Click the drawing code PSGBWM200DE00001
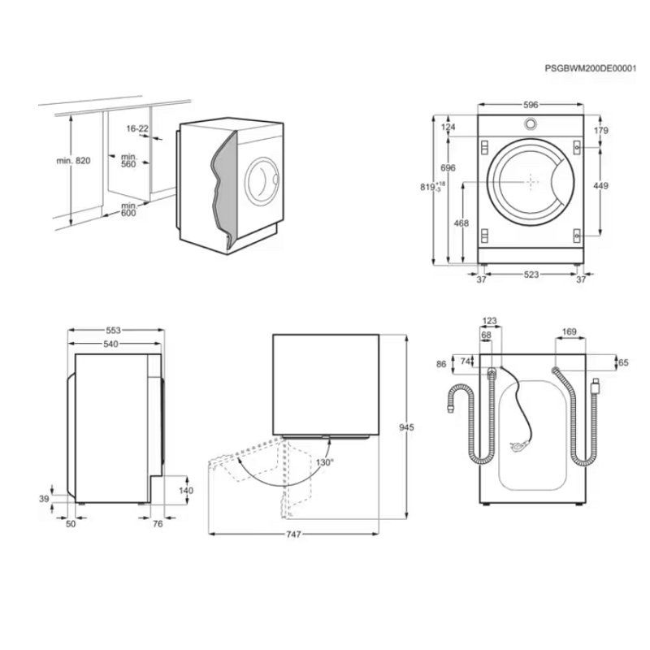pos(590,69)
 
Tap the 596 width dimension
pos(531,105)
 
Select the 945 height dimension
pos(406,427)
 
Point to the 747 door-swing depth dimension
pos(293,535)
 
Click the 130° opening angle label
pos(324,462)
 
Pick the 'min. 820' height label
pos(73,160)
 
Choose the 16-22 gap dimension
pos(137,128)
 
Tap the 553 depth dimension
pos(113,331)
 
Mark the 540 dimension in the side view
pos(110,344)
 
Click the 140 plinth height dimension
pos(186,491)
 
